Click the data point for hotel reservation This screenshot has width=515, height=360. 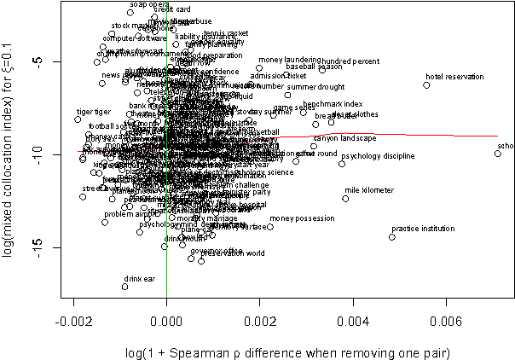coord(426,85)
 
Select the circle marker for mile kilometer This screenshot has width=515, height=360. coord(345,198)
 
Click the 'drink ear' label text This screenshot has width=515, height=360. coord(139,279)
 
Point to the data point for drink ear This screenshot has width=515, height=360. coord(124,287)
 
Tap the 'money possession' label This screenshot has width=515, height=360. coord(302,219)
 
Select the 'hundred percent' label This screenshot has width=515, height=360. coord(350,61)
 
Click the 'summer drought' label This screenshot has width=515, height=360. coord(315,87)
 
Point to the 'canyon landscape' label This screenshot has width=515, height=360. coord(344,138)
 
